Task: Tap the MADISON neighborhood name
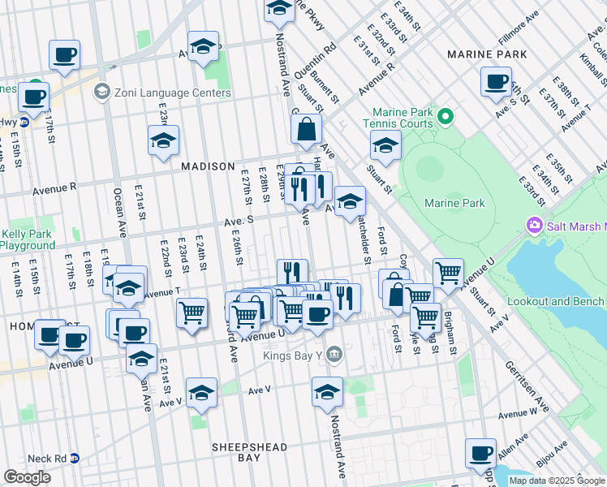(208, 166)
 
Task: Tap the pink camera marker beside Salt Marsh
(534, 224)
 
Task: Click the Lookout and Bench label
(556, 301)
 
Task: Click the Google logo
(27, 476)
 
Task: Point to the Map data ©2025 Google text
(557, 481)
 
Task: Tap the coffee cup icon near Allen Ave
(480, 453)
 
